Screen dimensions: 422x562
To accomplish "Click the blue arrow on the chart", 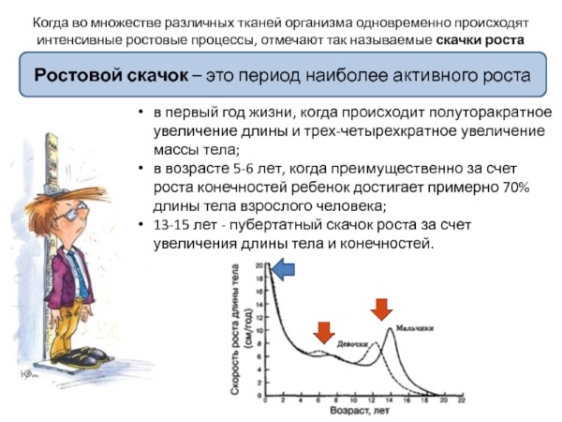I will pyautogui.click(x=283, y=270).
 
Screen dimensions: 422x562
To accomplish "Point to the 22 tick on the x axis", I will pyautogui.click(x=459, y=400).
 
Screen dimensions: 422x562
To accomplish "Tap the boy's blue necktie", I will pyautogui.click(x=57, y=270).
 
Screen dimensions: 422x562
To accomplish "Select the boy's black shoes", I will pyautogui.click(x=79, y=357).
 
